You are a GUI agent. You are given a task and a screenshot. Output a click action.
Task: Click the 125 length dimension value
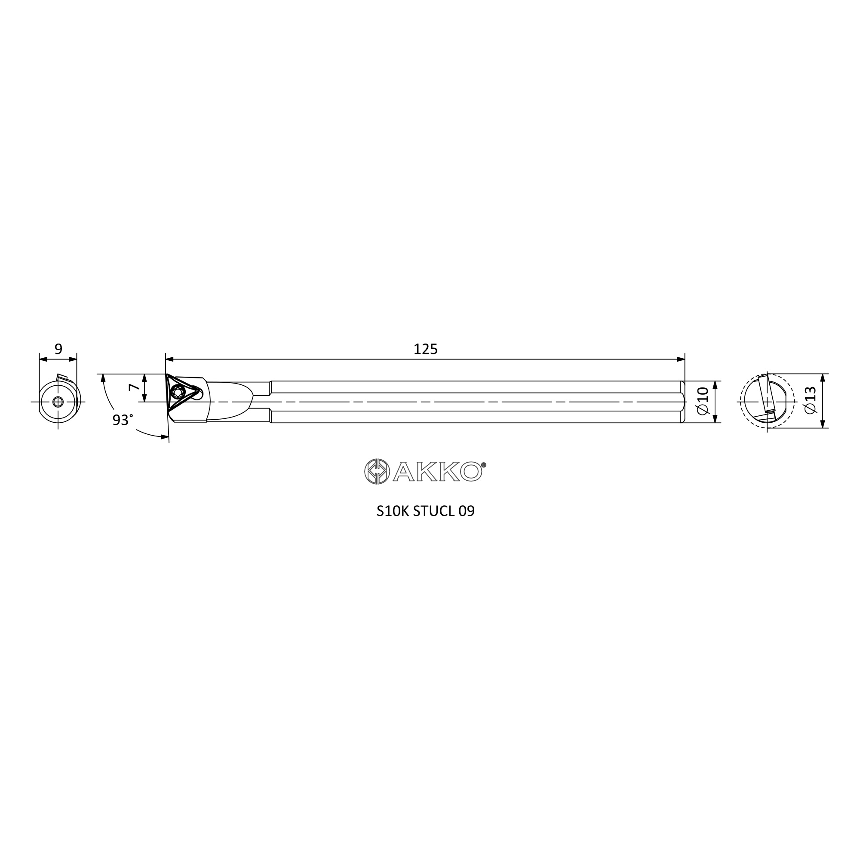point(426,350)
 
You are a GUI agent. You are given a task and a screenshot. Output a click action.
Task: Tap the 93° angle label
point(123,420)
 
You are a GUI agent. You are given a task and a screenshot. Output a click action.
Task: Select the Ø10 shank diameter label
point(703,401)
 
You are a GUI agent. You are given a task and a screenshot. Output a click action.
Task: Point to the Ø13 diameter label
point(811,400)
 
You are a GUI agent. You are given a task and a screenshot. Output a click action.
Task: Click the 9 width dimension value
point(58,349)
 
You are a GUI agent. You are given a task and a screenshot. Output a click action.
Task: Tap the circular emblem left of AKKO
point(377,471)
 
